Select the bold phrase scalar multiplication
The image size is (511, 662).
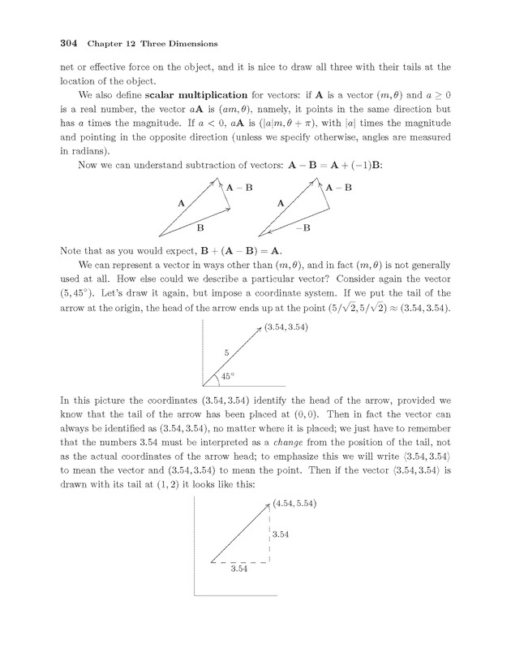coord(178,95)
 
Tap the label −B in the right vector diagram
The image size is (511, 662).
coord(304,229)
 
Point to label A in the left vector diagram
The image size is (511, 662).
coord(180,201)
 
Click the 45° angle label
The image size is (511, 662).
coord(228,375)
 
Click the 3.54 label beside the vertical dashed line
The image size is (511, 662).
coord(281,534)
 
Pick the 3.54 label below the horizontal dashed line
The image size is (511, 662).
coord(238,569)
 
